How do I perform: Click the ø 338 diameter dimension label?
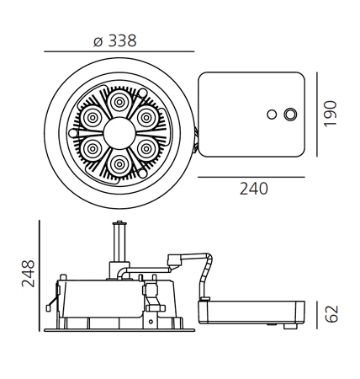115,40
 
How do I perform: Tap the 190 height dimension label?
330,114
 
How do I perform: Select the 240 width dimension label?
254,189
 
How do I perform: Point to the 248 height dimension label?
28,274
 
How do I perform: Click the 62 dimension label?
331,313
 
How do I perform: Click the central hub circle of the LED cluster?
119,133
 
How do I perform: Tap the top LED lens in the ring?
119,102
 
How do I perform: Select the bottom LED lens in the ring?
119,164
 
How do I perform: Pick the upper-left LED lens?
93,118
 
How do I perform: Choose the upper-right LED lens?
146,118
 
